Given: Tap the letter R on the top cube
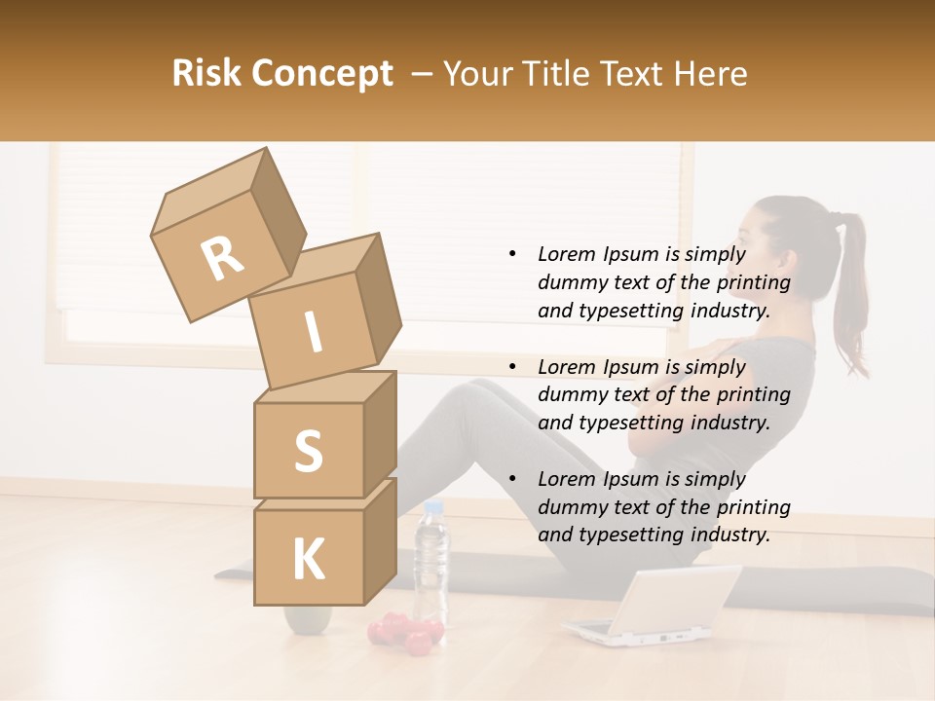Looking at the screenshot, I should (222, 259).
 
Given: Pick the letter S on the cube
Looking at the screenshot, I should (308, 452).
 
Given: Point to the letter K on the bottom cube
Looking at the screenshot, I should (308, 560).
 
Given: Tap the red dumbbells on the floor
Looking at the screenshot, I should (401, 633).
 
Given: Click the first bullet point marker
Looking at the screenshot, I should (512, 255).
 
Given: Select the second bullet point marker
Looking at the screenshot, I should (512, 367).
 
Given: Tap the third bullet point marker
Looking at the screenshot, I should (512, 479).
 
